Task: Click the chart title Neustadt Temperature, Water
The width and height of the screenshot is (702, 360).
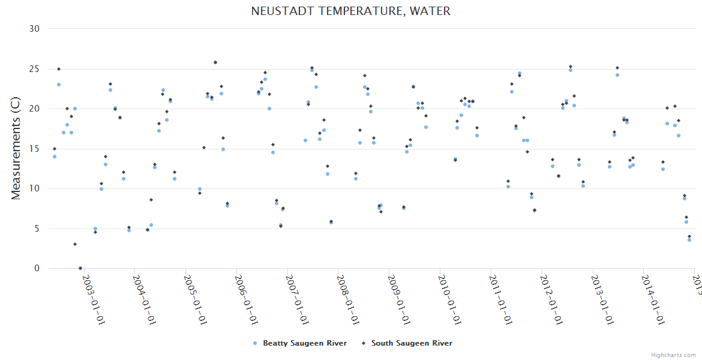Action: [x=350, y=11]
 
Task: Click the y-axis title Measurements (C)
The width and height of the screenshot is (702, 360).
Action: [x=16, y=149]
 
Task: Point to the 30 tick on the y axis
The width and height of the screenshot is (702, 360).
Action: [x=34, y=29]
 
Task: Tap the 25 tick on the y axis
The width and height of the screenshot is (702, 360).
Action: [x=34, y=69]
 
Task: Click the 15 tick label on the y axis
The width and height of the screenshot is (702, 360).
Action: [x=34, y=149]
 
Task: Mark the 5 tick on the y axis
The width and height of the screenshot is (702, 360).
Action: [x=37, y=229]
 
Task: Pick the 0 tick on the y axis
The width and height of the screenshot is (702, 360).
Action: [x=37, y=269]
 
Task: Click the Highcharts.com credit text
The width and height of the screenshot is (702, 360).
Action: [x=673, y=355]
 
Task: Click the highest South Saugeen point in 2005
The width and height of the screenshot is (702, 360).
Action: [x=215, y=62]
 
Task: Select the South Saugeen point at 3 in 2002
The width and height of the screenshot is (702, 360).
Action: [x=75, y=244]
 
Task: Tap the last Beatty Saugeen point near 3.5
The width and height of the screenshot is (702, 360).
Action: [x=689, y=240]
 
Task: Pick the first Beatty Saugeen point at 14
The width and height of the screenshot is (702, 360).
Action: [x=55, y=157]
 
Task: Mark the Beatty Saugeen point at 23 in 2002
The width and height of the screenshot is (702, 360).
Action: [x=59, y=85]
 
